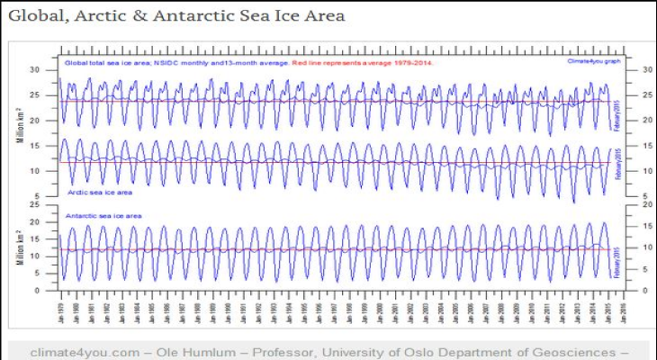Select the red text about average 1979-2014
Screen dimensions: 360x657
[368, 62]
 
